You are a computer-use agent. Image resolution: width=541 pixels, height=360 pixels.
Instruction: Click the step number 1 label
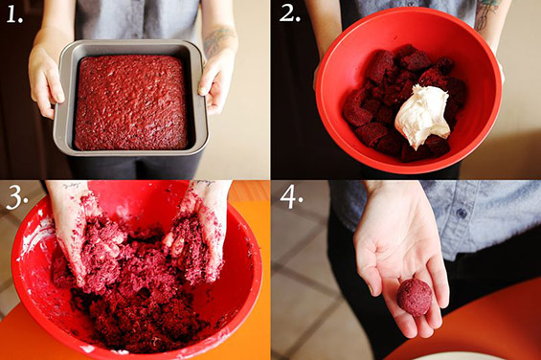pyautogui.click(x=14, y=15)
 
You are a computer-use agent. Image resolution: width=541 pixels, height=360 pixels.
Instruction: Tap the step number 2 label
pyautogui.click(x=290, y=13)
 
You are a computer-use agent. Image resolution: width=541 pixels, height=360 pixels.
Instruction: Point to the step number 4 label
pyautogui.click(x=291, y=197)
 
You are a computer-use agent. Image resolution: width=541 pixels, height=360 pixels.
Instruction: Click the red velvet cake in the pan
pyautogui.click(x=131, y=102)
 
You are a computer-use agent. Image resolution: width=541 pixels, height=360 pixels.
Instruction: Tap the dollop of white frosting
pyautogui.click(x=422, y=115)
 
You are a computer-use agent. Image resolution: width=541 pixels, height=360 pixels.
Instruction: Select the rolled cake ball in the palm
pyautogui.click(x=414, y=297)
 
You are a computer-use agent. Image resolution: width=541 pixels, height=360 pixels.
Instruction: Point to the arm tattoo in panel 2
pyautogui.click(x=485, y=13)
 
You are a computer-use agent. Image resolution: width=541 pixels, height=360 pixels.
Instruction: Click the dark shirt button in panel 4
pyautogui.click(x=461, y=214)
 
